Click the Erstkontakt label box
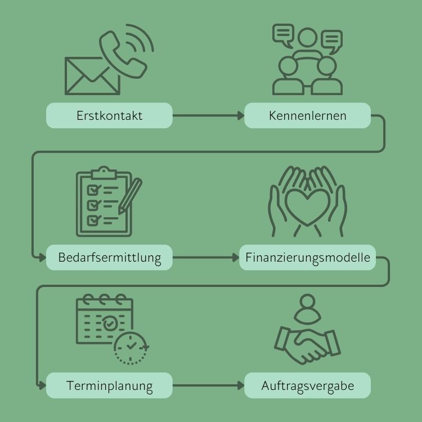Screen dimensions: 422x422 coord(109,116)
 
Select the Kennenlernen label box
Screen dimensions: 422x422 coord(307,116)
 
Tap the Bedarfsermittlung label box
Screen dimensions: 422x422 coord(109,258)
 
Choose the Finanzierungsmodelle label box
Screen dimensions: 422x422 coord(307,258)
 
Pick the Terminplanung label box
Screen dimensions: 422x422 coord(109,386)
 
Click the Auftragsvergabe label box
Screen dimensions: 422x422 coord(307,386)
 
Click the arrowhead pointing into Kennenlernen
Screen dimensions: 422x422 coord(240,116)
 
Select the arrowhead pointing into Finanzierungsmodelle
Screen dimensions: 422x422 coord(236,258)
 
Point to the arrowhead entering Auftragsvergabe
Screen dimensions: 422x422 coord(240,386)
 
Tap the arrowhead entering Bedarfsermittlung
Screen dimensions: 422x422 coord(42,258)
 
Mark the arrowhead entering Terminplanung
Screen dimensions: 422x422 coord(42,386)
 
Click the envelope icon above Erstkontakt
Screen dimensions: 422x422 coord(92,75)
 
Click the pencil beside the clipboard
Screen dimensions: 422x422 coord(130,194)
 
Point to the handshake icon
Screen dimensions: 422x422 coord(307,345)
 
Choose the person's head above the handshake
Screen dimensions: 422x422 coord(307,303)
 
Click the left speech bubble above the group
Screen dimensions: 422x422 coord(282,34)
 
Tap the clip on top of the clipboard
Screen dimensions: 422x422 coord(103,170)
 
